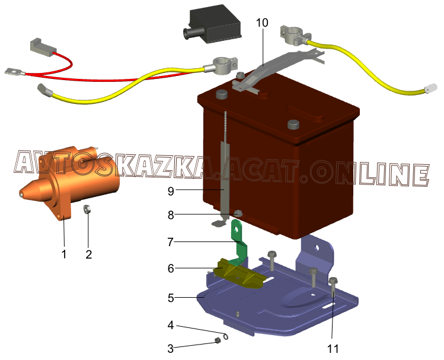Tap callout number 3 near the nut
tap(171, 348)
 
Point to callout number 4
tap(171, 325)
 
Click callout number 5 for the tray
tap(171, 298)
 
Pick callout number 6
tap(171, 268)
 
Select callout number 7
tap(171, 242)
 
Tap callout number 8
tap(171, 215)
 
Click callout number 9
tap(171, 191)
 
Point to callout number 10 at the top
tap(262, 23)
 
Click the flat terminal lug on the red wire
tap(12, 72)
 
